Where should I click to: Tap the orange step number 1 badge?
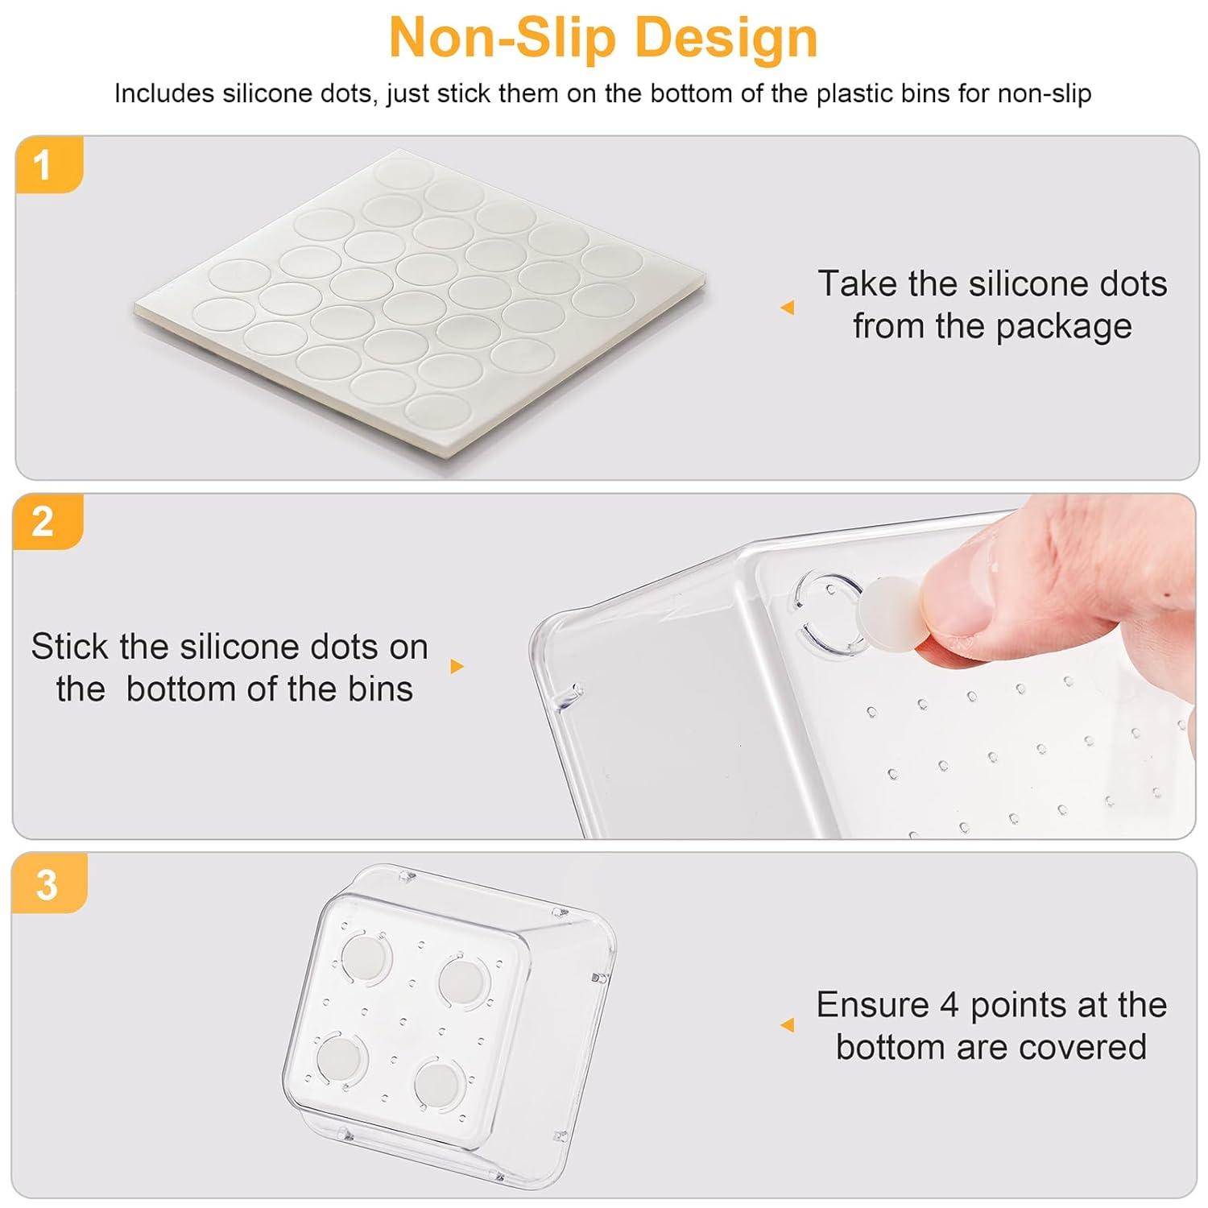(x=48, y=165)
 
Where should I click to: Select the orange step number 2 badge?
(x=48, y=522)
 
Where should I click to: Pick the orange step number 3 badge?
(x=49, y=883)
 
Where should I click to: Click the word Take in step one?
(x=856, y=283)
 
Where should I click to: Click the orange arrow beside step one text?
(x=787, y=307)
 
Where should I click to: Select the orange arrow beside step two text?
(x=457, y=666)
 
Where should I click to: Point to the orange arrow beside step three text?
(x=787, y=1024)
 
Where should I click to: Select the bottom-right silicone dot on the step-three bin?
(x=438, y=1084)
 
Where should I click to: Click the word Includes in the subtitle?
(x=164, y=93)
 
